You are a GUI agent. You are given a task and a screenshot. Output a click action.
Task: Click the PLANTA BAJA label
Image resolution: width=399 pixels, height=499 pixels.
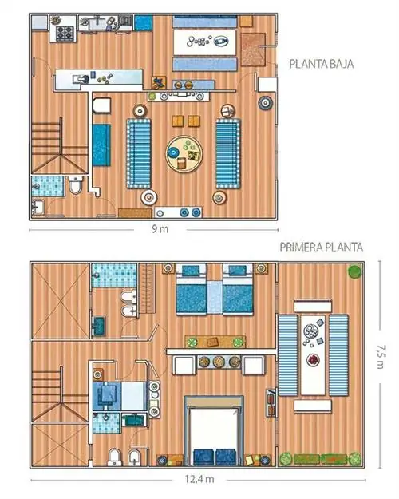point(321,64)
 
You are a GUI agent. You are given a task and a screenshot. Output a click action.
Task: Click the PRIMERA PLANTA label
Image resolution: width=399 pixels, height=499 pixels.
point(321,248)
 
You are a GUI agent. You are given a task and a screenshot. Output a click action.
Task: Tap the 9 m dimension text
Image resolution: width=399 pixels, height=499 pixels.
point(160,229)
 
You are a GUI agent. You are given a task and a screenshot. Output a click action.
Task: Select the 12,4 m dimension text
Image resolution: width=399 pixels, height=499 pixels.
point(199,479)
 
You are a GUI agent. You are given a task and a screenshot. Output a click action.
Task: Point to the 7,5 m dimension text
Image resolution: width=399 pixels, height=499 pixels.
point(380,356)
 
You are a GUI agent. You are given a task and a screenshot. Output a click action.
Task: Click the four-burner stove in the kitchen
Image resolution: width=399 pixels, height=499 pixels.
point(65,33)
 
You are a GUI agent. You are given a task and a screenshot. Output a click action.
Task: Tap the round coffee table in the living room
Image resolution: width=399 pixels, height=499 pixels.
point(184,154)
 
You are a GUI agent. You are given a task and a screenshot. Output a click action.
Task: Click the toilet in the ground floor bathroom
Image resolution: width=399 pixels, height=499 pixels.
point(76,185)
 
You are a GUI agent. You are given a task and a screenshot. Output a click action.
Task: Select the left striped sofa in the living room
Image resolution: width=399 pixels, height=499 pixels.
point(139,153)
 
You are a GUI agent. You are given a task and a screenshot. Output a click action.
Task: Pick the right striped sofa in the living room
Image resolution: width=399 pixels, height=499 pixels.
point(228,153)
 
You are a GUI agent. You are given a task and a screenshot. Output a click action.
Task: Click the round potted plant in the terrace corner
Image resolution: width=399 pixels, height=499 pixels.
point(354,271)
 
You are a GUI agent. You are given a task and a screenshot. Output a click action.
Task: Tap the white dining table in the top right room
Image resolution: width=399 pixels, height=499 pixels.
point(205,42)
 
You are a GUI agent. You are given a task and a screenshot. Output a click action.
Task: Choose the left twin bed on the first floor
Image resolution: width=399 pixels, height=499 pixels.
point(192,289)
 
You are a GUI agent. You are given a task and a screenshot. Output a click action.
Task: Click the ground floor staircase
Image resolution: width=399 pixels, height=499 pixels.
point(60,146)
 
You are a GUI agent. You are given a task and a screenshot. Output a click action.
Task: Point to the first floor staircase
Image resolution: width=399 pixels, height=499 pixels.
point(60,394)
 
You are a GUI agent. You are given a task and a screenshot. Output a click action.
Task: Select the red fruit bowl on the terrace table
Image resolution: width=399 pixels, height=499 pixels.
point(313,359)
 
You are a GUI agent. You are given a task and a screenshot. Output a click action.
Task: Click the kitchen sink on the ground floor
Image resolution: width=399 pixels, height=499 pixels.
point(97,22)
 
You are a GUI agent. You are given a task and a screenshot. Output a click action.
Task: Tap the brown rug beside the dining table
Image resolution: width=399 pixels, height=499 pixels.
point(253,50)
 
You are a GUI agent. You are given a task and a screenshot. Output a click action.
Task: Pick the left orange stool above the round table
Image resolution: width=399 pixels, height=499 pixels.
point(178,121)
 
